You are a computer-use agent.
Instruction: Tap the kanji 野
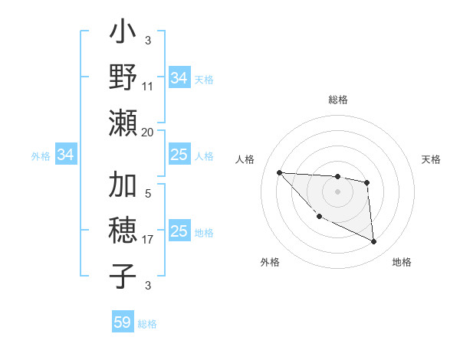coord(123,78)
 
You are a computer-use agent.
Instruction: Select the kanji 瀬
coord(123,123)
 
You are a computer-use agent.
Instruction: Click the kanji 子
coord(123,275)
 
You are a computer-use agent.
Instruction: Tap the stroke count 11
coord(148,87)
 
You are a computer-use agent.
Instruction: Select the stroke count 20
coord(148,132)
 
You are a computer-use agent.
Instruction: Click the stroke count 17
coord(148,240)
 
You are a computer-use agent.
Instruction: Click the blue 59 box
coord(123,322)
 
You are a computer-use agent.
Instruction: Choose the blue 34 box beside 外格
coord(66,155)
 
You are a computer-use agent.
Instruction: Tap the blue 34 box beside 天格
coord(179,78)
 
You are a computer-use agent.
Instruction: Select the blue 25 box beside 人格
coord(179,155)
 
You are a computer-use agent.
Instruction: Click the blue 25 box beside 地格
coord(179,231)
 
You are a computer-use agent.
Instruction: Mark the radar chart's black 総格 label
coord(337,100)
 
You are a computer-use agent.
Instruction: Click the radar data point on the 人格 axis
coord(279,172)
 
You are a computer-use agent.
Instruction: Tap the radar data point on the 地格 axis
coord(373,242)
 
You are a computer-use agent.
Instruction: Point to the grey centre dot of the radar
coord(337,191)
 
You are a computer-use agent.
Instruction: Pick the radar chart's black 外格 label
coord(271,262)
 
